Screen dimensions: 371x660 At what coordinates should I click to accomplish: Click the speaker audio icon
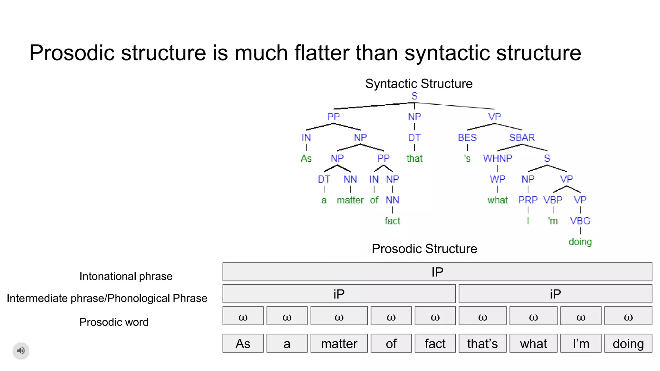pos(21,350)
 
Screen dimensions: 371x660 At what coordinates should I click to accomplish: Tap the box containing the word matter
pos(339,343)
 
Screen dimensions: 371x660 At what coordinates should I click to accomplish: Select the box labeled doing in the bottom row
pos(628,343)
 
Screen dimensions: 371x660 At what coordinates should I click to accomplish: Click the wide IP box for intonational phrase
pos(437,272)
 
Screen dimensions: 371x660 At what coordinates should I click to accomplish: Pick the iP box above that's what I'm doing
pos(555,294)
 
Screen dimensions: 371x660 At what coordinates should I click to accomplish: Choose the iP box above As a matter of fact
pos(339,294)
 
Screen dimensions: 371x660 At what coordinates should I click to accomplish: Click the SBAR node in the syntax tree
pos(522,138)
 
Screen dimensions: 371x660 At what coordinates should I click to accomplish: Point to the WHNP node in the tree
pos(497,158)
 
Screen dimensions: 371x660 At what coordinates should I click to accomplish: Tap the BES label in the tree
pos(467,138)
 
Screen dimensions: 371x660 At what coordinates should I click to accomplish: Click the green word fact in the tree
pos(392,221)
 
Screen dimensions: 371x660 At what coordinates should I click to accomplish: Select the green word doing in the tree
pos(580,242)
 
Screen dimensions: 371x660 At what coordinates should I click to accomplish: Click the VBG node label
pos(580,221)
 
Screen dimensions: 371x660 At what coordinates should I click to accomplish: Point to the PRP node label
pos(528,200)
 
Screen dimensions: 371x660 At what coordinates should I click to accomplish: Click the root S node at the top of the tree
pos(414,96)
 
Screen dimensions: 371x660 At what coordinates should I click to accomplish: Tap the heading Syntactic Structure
pos(419,84)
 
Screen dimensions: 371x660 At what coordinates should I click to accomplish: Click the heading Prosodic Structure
pos(424,249)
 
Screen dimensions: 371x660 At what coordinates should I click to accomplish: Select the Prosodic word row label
pos(114,322)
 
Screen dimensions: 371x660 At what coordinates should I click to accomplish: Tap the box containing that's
pos(482,343)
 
